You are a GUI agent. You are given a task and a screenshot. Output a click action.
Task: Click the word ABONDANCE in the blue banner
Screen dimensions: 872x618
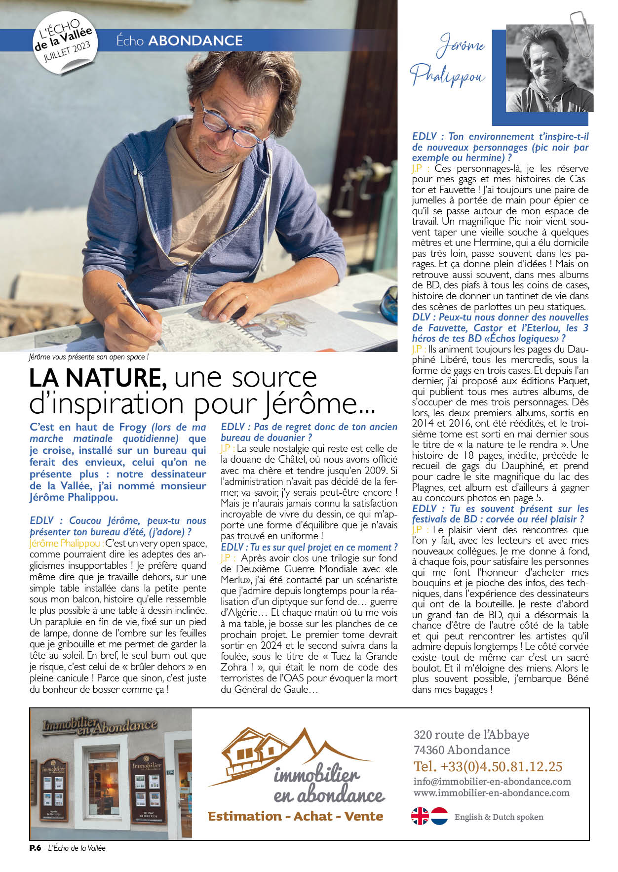coord(195,40)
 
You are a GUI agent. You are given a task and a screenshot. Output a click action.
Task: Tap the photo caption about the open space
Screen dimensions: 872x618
coord(88,357)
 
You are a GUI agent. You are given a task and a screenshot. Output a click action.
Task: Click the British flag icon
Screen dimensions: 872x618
coord(420,816)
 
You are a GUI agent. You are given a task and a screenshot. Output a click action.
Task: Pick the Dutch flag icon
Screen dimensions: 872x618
coord(439,816)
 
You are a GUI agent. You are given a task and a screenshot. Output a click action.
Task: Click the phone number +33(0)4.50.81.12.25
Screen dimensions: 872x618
coord(488,766)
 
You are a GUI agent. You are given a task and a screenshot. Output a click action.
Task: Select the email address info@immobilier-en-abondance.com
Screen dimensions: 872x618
coord(492,782)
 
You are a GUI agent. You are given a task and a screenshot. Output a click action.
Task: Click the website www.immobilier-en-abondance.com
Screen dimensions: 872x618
coord(491,793)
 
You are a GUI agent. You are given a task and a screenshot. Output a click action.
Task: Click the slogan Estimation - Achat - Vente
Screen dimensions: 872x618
coord(295,816)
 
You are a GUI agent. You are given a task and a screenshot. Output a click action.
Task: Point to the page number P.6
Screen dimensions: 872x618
coord(35,848)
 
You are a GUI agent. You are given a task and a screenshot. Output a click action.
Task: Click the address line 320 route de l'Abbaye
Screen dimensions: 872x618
coord(471,735)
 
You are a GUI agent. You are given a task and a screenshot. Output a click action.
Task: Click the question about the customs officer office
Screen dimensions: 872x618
coord(309,432)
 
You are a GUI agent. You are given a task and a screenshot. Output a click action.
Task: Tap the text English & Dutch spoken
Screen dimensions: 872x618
coord(499,817)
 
